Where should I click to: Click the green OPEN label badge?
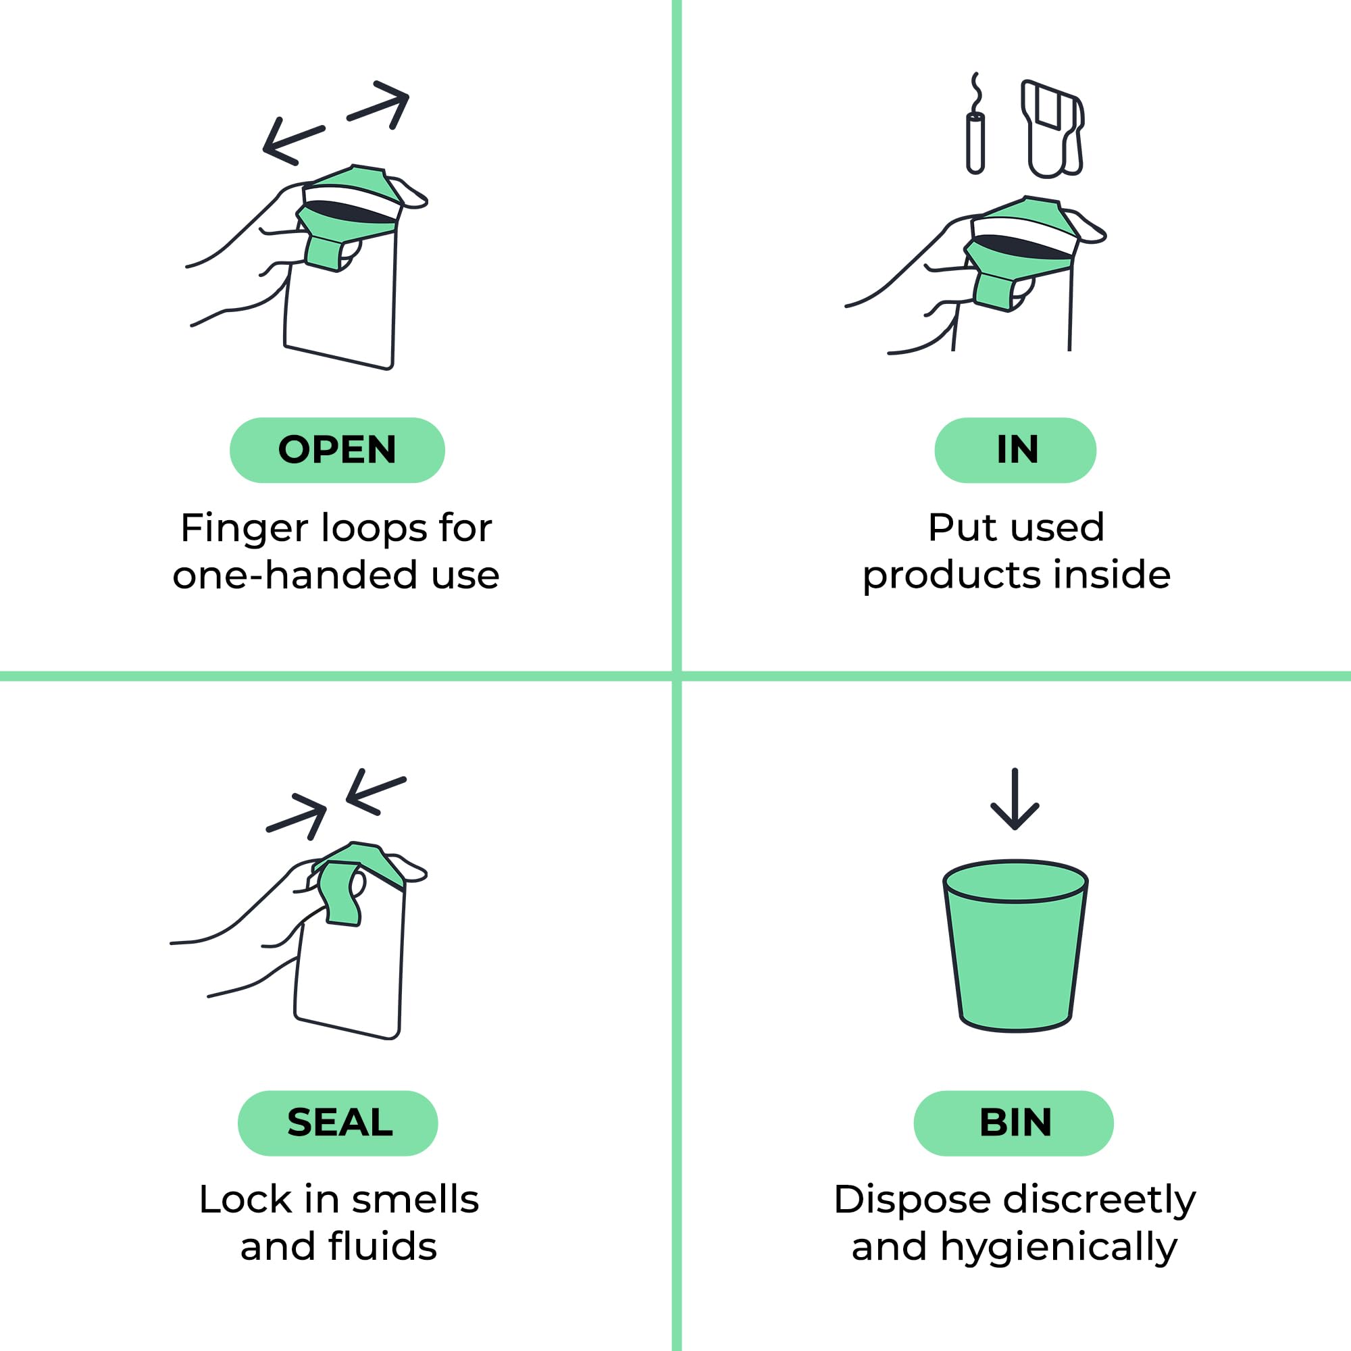[x=337, y=450]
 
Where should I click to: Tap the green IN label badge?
[x=1015, y=450]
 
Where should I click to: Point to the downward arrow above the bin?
[x=1015, y=798]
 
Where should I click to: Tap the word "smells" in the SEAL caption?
[x=415, y=1199]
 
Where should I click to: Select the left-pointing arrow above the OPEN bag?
[x=294, y=141]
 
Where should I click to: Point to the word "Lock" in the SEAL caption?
[x=245, y=1199]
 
